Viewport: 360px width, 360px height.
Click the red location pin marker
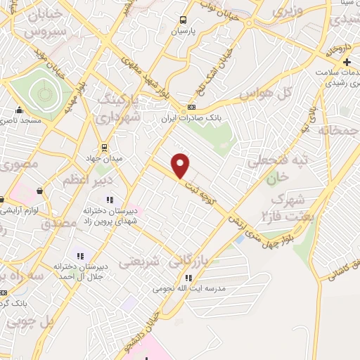pyautogui.click(x=181, y=165)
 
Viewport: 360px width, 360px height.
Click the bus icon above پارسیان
pyautogui.click(x=183, y=20)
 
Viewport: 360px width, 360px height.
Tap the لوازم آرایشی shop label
pyautogui.click(x=25, y=211)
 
